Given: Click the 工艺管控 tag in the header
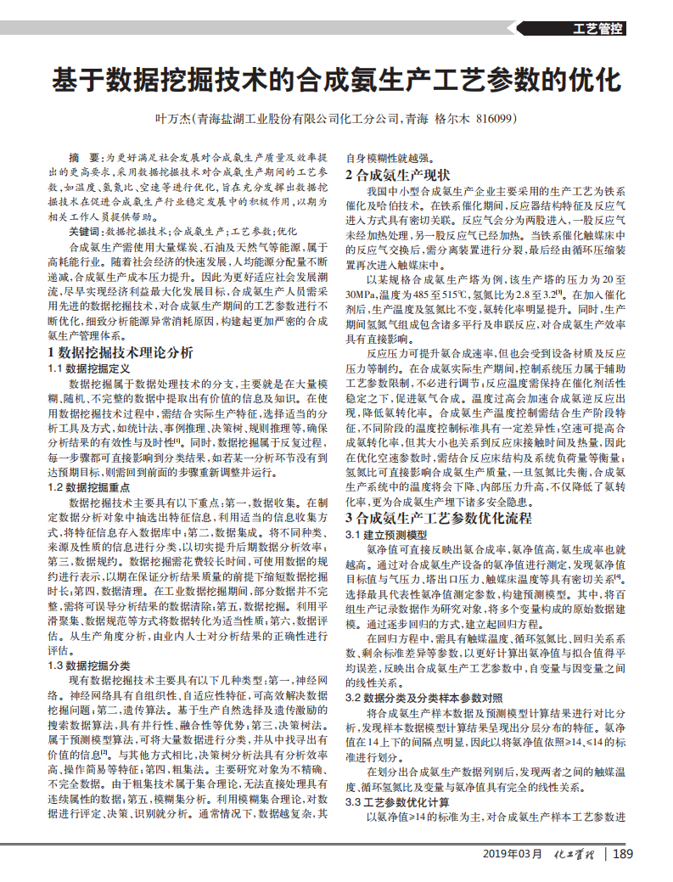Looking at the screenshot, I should point(599,28).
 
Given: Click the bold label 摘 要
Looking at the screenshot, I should point(86,159).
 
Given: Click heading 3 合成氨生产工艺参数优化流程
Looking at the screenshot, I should point(438,517).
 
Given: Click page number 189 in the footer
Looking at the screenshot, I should point(623,853).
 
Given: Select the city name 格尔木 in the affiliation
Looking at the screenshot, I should point(451,119).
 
